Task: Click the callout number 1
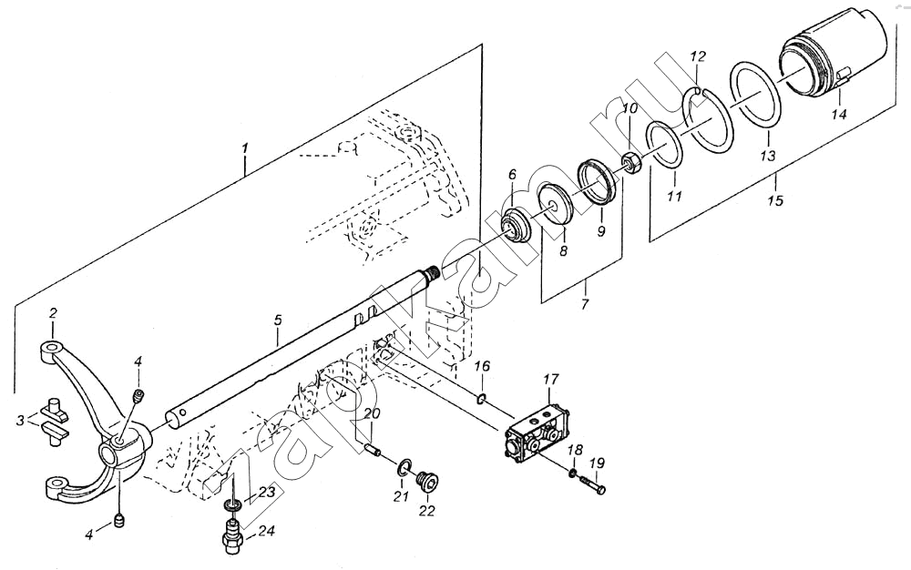tap(245, 149)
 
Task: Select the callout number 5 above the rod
tap(278, 320)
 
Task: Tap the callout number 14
tap(838, 115)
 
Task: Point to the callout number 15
tap(775, 201)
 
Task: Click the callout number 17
tap(551, 380)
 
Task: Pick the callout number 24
tap(267, 531)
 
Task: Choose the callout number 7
tap(585, 303)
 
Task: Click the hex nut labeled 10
tap(631, 161)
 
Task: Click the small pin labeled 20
tap(372, 449)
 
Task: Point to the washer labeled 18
tap(572, 473)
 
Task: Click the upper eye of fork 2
tap(52, 349)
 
